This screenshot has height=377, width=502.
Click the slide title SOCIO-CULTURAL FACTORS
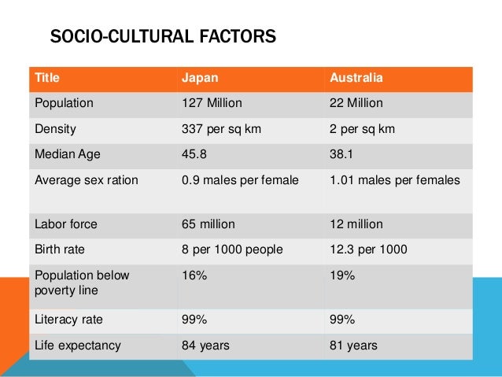(163, 37)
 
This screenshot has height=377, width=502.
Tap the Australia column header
(356, 79)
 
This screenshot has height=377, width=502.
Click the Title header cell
(46, 79)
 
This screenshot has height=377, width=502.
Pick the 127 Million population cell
(212, 103)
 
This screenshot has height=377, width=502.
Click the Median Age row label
(68, 153)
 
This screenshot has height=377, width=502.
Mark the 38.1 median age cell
(342, 153)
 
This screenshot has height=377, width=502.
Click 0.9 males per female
(240, 179)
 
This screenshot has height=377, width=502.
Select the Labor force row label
(66, 224)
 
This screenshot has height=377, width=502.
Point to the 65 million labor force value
(208, 224)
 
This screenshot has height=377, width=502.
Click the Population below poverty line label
(79, 283)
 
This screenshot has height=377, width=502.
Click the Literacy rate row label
(69, 320)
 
